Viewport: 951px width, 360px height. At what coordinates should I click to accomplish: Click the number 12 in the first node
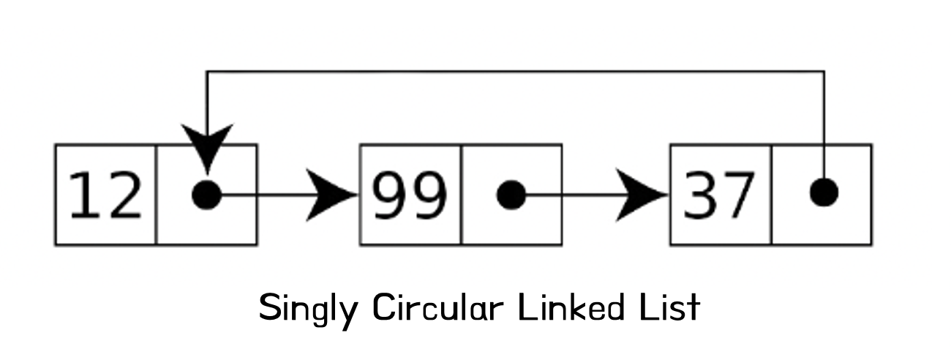105,195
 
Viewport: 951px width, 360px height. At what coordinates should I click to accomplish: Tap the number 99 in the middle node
409,195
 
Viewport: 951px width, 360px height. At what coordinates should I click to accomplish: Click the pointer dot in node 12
206,195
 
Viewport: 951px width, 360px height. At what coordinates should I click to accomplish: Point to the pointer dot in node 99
511,195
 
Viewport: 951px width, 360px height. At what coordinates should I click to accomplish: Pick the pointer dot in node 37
824,192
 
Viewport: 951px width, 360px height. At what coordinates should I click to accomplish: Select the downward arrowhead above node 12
207,144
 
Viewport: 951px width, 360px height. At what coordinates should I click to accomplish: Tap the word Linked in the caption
569,307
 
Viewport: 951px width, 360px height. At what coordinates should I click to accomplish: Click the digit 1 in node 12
86,195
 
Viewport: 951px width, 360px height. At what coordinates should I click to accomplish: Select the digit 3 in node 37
700,195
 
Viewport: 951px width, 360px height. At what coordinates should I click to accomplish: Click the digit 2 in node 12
123,195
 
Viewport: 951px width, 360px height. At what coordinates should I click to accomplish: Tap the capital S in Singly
271,307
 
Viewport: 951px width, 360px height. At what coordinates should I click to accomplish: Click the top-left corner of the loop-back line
207,72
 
